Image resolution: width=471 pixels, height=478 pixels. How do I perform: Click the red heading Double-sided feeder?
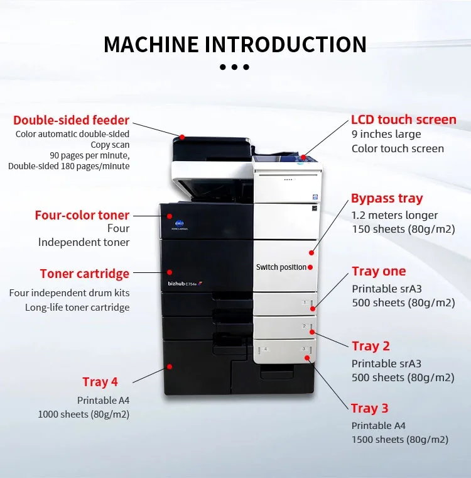pos(71,120)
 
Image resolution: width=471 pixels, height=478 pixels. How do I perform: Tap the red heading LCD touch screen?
pos(403,119)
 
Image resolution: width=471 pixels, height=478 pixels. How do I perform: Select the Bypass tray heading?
pos(387,199)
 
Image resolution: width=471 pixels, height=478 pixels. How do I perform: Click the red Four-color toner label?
pos(82,215)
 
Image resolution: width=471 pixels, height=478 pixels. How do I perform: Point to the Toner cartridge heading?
pos(84,274)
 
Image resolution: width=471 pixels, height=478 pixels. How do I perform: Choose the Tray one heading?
pos(379,271)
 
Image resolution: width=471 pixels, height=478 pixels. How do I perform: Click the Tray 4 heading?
pos(100,382)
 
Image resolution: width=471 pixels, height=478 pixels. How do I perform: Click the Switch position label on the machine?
pos(281,267)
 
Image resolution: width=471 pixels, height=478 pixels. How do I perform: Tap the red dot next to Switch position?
pos(310,267)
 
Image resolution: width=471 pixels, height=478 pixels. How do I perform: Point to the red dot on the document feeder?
pos(182,136)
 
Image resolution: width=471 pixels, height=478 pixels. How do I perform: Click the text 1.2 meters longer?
pos(394,216)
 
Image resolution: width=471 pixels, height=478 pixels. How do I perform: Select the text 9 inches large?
pos(386,134)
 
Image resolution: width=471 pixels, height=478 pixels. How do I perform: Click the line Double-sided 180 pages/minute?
pos(69,167)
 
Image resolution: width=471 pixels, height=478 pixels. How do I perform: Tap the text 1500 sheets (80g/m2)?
pos(399,440)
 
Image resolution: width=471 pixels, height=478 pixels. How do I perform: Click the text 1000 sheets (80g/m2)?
pos(84,414)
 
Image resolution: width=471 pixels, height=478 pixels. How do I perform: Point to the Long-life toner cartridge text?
pos(77,308)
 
